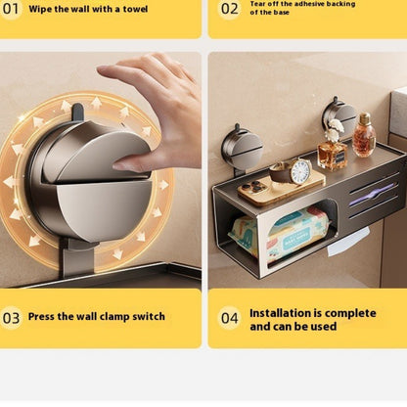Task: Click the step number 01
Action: [x=11, y=9]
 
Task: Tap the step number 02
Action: [x=229, y=9]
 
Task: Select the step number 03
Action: [x=11, y=318]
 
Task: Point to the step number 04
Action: [x=230, y=318]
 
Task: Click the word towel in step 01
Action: [x=135, y=9]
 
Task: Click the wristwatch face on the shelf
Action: [x=300, y=171]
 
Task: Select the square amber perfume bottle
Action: [x=333, y=155]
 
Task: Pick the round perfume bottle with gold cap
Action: [x=364, y=135]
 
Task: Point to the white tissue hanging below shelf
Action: [x=348, y=242]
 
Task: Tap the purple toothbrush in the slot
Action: [x=372, y=195]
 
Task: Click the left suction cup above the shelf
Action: [x=242, y=149]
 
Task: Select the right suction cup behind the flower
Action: [x=339, y=114]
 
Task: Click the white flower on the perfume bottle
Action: [x=336, y=127]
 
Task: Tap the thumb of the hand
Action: [x=130, y=163]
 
